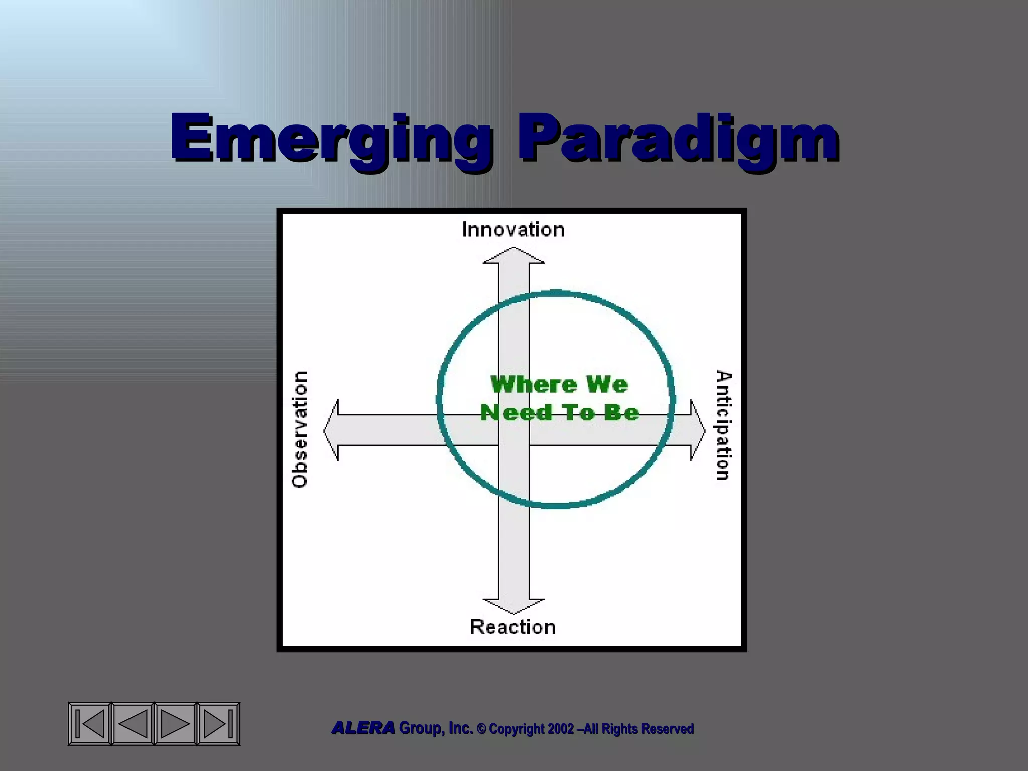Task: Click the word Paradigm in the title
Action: click(678, 138)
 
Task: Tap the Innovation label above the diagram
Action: click(513, 230)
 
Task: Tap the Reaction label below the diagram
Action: click(512, 627)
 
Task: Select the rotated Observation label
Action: click(299, 429)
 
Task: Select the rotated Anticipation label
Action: click(724, 426)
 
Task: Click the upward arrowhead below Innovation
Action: click(513, 255)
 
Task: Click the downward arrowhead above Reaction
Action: click(513, 606)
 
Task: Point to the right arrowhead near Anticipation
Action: click(697, 430)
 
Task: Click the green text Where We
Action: click(559, 385)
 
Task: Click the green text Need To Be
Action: click(559, 413)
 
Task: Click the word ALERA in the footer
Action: click(363, 728)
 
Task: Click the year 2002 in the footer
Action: click(561, 729)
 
